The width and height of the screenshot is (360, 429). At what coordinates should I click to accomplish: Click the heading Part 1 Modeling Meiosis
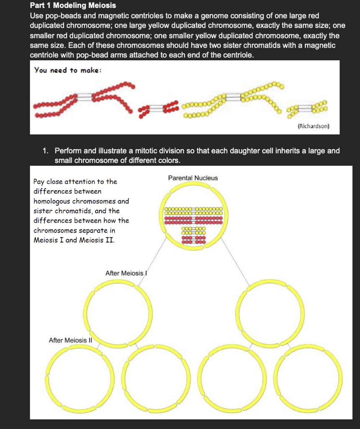tap(73, 5)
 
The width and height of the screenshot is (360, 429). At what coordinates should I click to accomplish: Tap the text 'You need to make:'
tap(67, 70)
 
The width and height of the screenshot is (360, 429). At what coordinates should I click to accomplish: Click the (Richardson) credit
tap(314, 126)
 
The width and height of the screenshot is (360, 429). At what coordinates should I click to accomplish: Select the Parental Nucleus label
tap(193, 178)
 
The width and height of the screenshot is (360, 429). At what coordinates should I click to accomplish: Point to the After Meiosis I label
tap(125, 273)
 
